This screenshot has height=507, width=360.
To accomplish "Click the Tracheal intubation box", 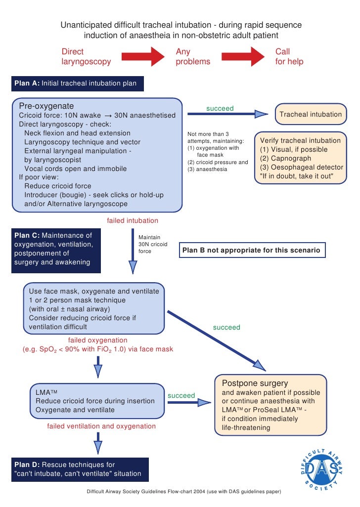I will click(x=310, y=114).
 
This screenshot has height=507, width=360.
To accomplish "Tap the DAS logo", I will click(x=319, y=467).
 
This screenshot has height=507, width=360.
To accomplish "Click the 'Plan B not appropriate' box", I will click(x=252, y=251).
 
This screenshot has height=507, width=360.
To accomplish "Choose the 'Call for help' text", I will click(x=289, y=57).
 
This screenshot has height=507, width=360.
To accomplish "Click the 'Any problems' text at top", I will click(x=193, y=57).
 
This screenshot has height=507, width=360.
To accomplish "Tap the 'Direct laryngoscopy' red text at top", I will click(x=86, y=57).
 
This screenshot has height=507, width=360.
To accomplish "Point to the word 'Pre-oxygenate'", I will click(x=46, y=106).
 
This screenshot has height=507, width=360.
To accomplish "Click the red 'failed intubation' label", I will click(x=133, y=220).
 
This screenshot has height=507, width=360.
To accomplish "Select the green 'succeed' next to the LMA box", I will click(x=181, y=395).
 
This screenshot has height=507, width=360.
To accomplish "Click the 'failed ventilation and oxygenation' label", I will click(x=101, y=426).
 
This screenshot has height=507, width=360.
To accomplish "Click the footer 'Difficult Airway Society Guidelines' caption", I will click(x=184, y=492).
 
